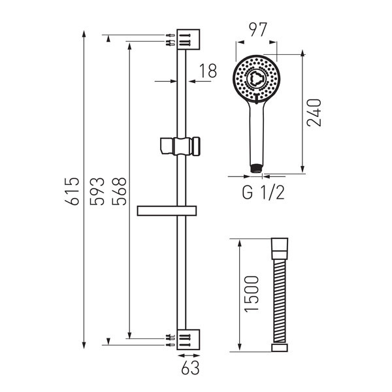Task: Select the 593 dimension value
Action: pyautogui.click(x=97, y=191)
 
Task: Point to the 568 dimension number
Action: pyautogui.click(x=119, y=191)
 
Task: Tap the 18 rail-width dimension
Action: pyautogui.click(x=208, y=71)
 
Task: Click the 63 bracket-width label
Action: pyautogui.click(x=190, y=367)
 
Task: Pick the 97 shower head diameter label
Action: pyautogui.click(x=258, y=29)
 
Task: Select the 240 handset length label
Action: pyautogui.click(x=314, y=113)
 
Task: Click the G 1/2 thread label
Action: pyautogui.click(x=263, y=193)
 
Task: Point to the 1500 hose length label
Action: pyautogui.click(x=252, y=294)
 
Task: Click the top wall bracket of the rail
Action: pyautogui.click(x=188, y=39)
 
